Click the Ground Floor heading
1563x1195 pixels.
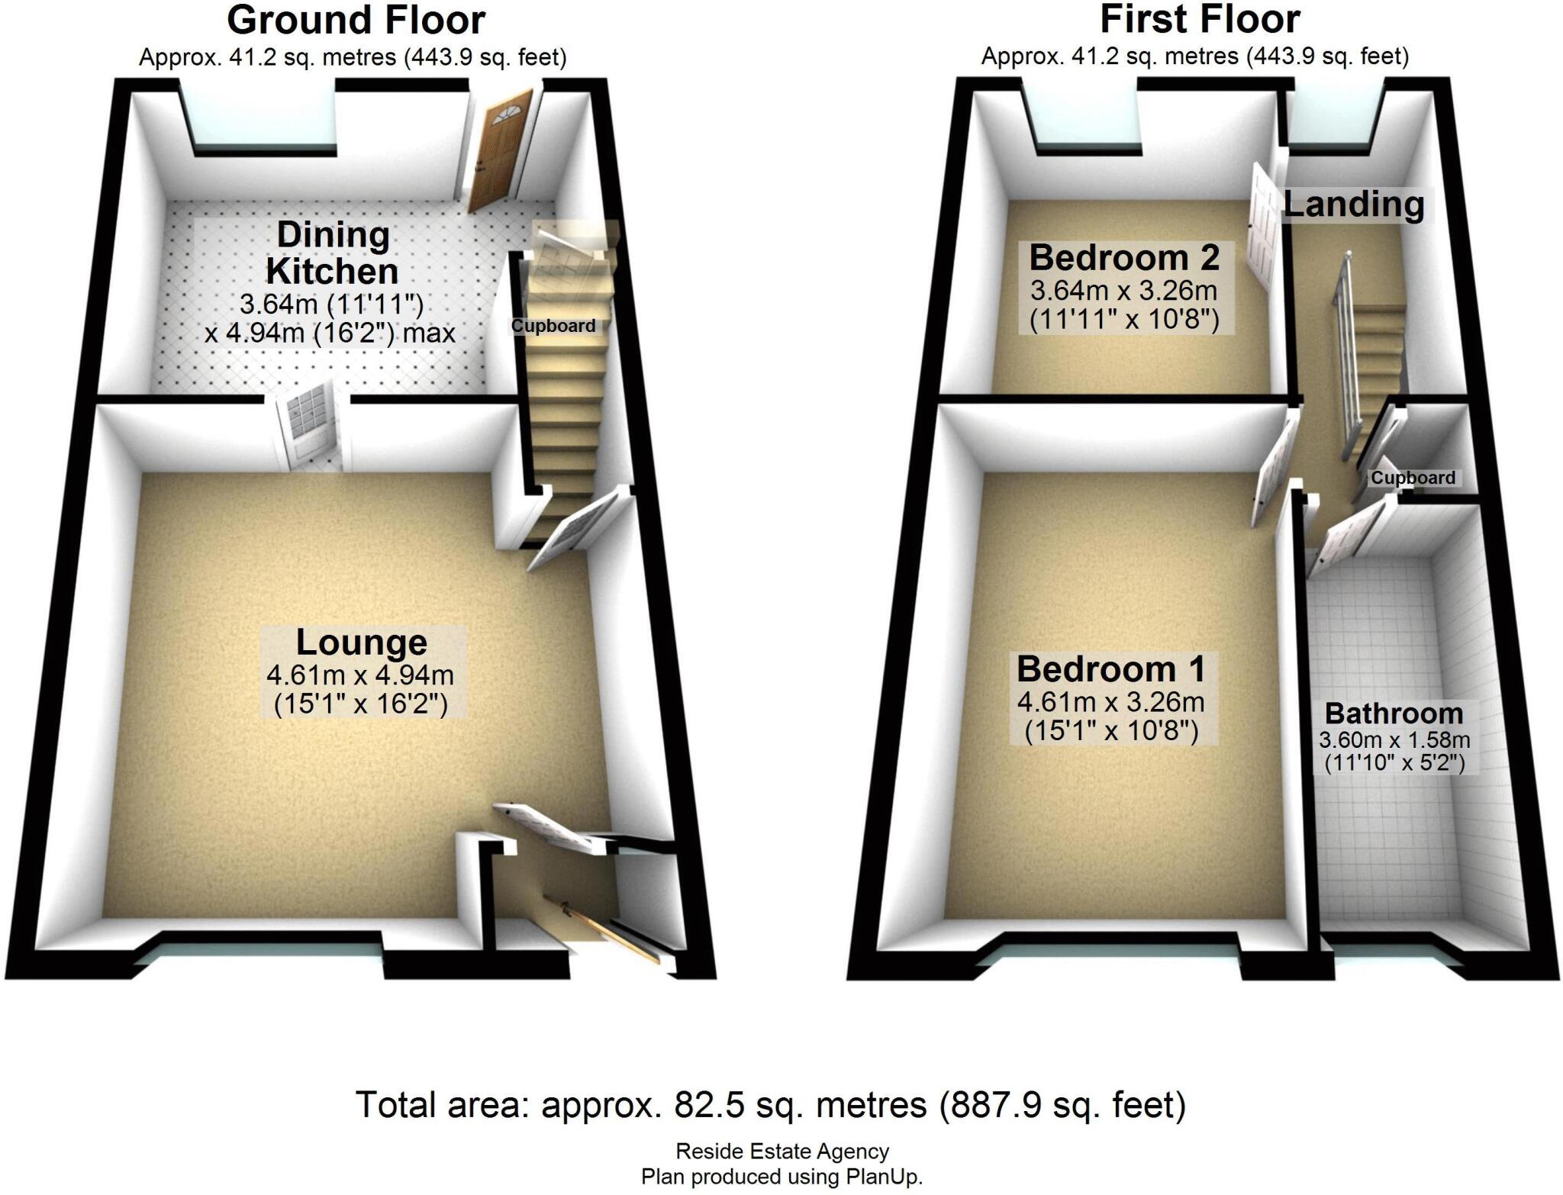[x=356, y=21]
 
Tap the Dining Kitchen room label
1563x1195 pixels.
[x=332, y=253]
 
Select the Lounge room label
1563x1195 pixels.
[x=361, y=643]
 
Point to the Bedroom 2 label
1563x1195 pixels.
[x=1123, y=258]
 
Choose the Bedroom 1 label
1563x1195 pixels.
[x=1110, y=669]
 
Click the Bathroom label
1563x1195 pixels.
[x=1394, y=713]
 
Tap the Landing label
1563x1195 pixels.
[x=1354, y=205]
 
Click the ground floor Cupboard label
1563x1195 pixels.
[x=553, y=326]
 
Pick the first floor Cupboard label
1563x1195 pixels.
[x=1413, y=478]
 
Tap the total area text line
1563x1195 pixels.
[x=771, y=1105]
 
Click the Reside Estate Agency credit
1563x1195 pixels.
[x=782, y=1152]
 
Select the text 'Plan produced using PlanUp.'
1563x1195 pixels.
[x=781, y=1177]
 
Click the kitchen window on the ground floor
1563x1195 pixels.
[x=264, y=122]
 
